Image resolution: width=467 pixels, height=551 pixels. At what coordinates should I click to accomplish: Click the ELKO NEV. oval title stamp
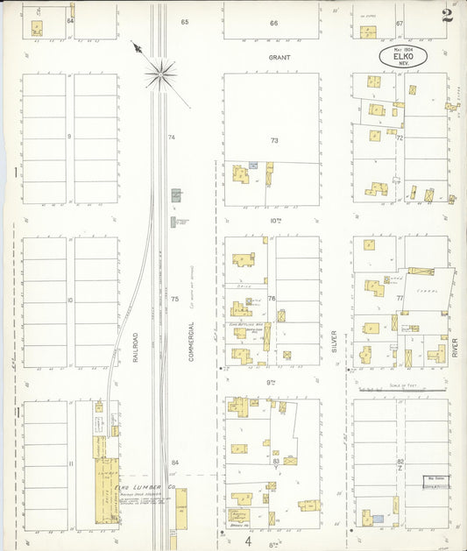(403, 58)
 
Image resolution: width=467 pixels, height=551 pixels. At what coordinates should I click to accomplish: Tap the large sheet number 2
(448, 15)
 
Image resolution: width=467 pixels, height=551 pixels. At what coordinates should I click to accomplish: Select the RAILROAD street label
(136, 347)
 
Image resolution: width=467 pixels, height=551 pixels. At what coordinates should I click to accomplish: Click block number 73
(273, 140)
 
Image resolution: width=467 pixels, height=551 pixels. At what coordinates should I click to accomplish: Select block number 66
(273, 23)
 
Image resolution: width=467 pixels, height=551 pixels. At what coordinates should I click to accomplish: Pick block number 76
(272, 299)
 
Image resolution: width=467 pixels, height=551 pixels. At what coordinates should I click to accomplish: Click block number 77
(400, 299)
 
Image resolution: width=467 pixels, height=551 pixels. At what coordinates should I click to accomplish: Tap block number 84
(175, 462)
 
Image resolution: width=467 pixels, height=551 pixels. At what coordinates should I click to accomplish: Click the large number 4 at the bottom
(249, 540)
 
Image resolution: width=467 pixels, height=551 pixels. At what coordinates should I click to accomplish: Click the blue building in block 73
(253, 165)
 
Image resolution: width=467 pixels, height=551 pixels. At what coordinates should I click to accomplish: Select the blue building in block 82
(379, 519)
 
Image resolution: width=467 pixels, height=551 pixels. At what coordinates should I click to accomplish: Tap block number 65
(185, 22)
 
